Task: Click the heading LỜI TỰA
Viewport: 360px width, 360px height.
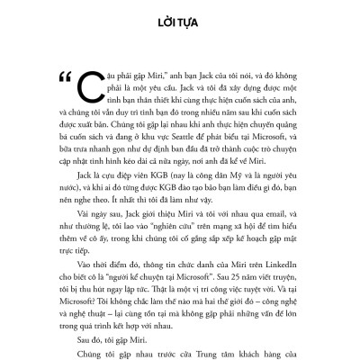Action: point(180,18)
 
